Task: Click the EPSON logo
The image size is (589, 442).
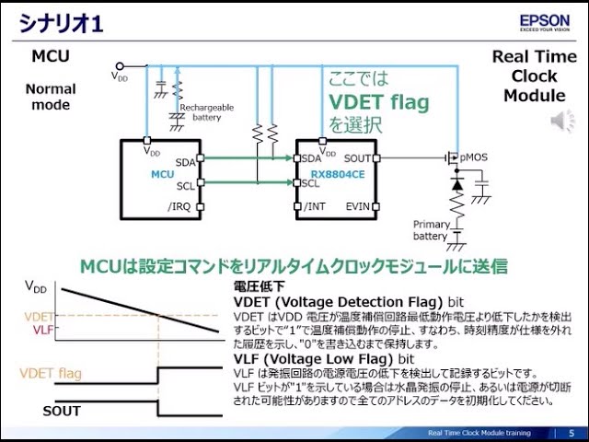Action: point(546,20)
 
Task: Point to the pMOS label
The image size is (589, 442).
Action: point(475,157)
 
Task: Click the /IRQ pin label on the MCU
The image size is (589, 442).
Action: point(180,206)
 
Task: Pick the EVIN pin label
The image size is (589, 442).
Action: point(357,206)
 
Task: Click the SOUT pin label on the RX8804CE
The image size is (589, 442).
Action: point(355,158)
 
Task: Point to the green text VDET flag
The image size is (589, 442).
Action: point(378,101)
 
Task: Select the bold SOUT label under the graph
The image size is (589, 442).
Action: point(62,411)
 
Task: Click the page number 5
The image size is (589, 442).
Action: point(572,433)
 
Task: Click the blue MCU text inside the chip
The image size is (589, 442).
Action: point(162,174)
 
